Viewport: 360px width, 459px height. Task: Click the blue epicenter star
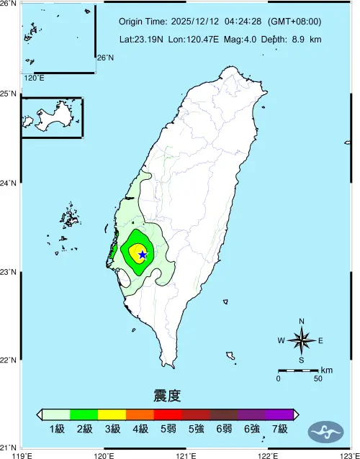(x=143, y=254)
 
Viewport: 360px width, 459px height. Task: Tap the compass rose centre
(x=302, y=340)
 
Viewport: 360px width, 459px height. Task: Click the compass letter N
(x=302, y=322)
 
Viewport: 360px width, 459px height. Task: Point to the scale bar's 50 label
(x=318, y=378)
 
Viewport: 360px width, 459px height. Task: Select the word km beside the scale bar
(x=326, y=370)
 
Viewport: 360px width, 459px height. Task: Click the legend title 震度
(x=166, y=396)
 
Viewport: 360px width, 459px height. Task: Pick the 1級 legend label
(x=57, y=430)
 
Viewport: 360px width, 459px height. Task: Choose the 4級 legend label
(x=140, y=430)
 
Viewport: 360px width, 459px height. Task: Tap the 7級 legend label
(x=279, y=430)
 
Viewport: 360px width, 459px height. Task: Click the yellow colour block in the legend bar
(x=112, y=414)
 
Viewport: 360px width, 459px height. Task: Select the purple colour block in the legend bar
(x=279, y=414)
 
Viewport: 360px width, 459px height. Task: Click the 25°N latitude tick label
(x=9, y=94)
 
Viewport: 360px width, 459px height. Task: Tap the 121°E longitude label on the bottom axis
(x=186, y=455)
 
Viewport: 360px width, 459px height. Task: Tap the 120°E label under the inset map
(x=33, y=78)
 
